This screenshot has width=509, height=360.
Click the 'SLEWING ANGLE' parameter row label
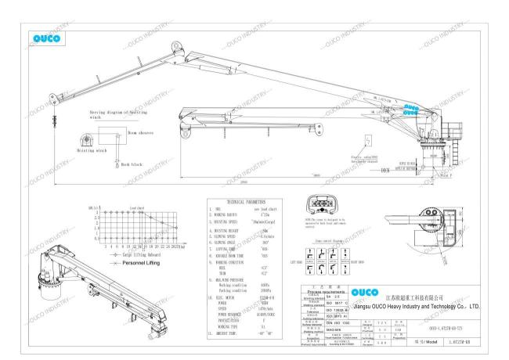pos(227,243)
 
